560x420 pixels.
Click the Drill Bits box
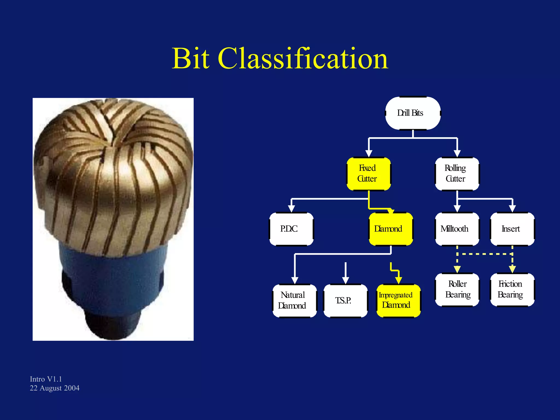click(413, 113)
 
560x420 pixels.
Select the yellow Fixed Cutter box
click(368, 174)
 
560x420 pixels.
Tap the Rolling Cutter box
click(457, 174)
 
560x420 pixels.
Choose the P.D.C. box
click(291, 229)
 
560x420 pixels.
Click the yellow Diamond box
click(390, 229)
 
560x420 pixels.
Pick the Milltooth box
click(457, 229)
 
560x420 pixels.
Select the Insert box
click(512, 229)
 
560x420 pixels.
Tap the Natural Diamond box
click(294, 301)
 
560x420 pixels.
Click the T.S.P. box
click(345, 301)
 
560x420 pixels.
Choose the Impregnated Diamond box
click(398, 301)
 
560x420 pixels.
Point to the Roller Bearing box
click(457, 290)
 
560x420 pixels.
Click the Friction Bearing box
click(512, 290)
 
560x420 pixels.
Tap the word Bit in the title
click(191, 59)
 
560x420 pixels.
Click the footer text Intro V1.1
click(46, 379)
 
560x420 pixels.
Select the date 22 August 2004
click(54, 388)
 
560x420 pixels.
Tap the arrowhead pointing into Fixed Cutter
click(369, 153)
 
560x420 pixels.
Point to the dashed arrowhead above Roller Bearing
click(457, 269)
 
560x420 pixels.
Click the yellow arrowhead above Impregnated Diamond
click(398, 280)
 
